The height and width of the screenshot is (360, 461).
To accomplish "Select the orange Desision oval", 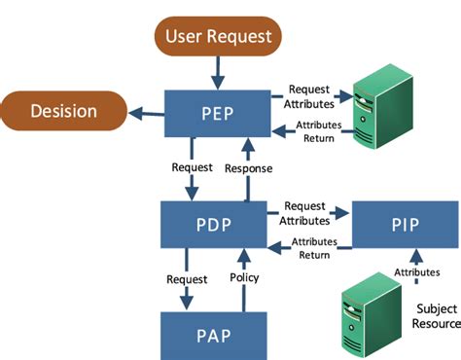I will (x=64, y=111).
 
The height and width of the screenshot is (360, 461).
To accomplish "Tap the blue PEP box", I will (x=217, y=114).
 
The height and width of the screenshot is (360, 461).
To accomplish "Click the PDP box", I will (x=214, y=226).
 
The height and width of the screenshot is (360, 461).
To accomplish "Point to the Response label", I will (x=248, y=167).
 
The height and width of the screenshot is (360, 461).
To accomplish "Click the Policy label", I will (x=244, y=278).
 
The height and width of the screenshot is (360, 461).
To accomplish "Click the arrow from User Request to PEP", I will (x=217, y=72).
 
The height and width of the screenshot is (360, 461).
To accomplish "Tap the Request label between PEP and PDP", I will (x=192, y=167).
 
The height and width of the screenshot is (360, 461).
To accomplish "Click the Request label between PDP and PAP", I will (x=186, y=278).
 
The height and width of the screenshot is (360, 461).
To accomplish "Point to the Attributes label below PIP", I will (x=417, y=273).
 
